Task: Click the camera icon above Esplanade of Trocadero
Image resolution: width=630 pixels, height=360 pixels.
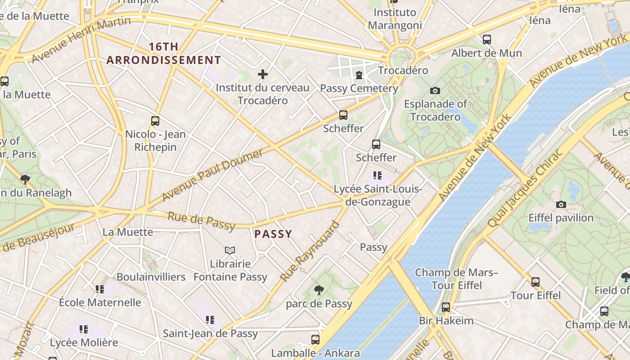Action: pos(435,90)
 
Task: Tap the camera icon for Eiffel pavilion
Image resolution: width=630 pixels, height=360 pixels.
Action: pos(561,205)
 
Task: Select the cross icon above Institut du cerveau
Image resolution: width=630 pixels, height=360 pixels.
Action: pos(263,74)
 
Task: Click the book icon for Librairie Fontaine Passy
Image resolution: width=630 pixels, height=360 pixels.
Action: pos(230,250)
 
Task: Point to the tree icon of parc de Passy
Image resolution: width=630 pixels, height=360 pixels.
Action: pos(319,290)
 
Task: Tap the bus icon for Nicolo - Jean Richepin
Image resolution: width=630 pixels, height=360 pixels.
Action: pos(155,121)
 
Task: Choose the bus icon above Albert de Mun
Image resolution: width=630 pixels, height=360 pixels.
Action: pos(486,40)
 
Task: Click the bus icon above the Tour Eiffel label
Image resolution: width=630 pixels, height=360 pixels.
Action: pos(535,282)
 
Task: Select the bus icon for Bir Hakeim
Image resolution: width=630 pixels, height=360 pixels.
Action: pos(445,307)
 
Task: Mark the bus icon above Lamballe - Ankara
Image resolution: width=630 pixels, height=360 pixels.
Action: pos(315,339)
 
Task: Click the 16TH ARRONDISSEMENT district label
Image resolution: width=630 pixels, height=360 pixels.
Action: pos(164,53)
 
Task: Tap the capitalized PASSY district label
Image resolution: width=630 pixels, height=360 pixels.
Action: pos(273,234)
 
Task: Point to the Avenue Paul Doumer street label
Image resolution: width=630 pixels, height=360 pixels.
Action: pos(212,175)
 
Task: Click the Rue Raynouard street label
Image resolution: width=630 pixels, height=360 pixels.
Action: pos(310,251)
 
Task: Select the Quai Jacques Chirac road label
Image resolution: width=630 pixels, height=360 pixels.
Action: pos(525,188)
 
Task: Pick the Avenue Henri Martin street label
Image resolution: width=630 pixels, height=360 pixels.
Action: pos(81,40)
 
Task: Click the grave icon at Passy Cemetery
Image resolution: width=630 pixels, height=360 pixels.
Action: pos(359,75)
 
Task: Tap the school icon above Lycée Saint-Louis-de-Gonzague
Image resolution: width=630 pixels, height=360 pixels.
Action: pos(377,175)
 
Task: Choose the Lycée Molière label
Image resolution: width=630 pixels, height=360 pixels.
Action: pos(84,342)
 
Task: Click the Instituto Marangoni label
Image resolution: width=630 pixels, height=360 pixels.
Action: pos(395,19)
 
